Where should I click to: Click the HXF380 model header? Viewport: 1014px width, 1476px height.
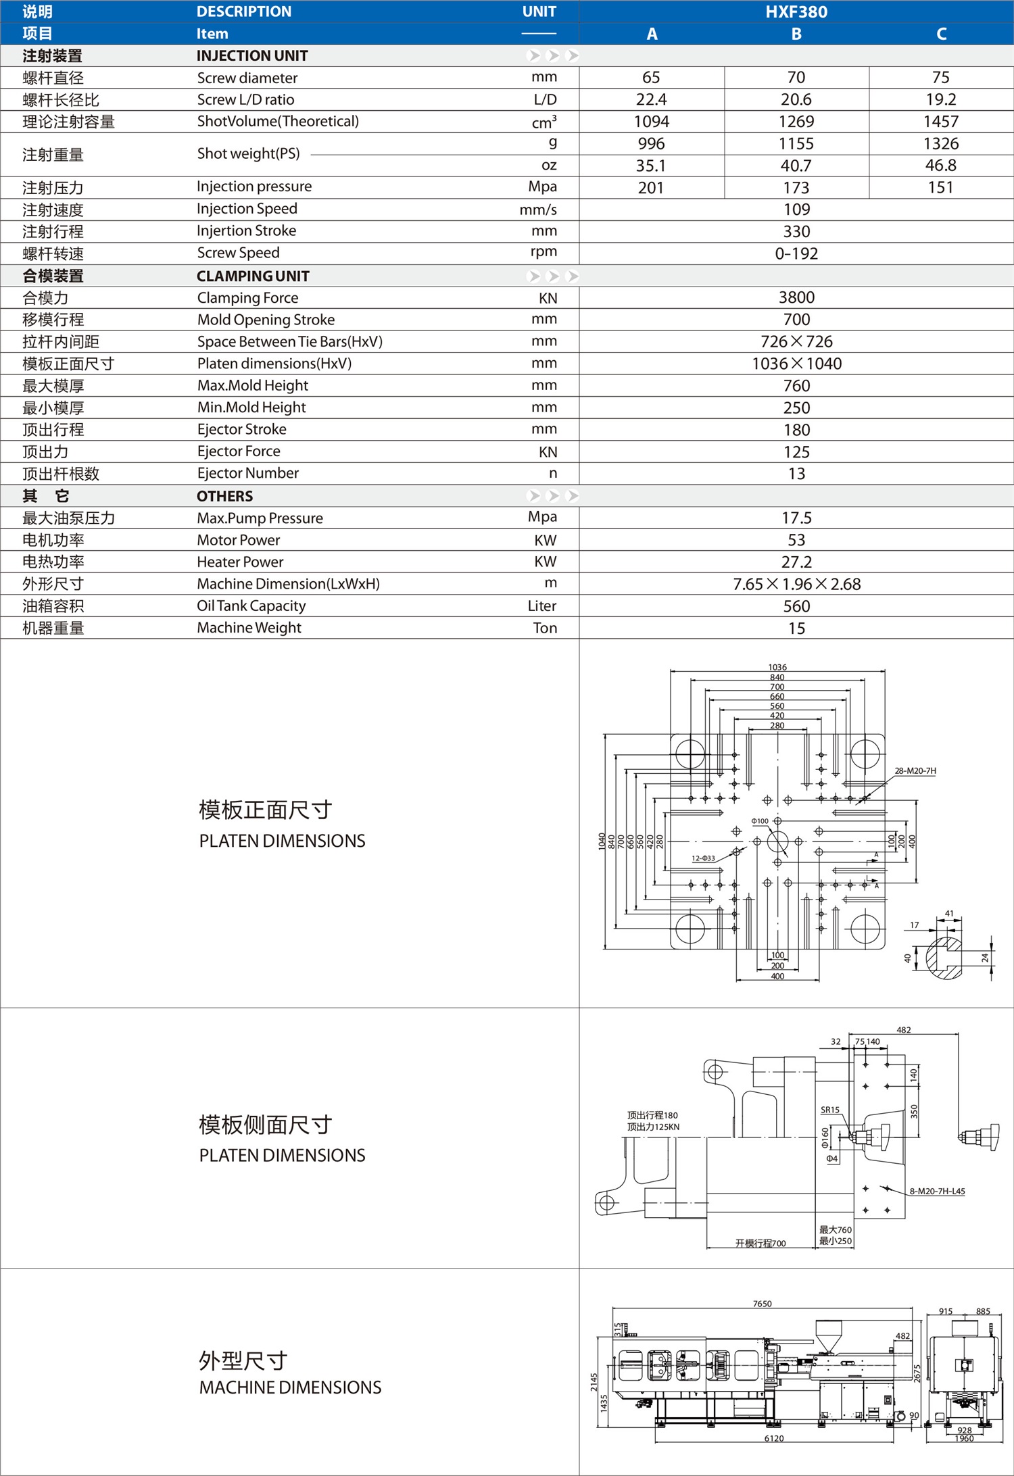pyautogui.click(x=796, y=11)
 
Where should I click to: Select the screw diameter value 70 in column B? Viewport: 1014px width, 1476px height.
pyautogui.click(x=796, y=78)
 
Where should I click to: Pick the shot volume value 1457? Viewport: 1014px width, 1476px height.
pyautogui.click(x=940, y=122)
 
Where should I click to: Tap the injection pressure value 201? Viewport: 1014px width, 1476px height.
pyautogui.click(x=651, y=188)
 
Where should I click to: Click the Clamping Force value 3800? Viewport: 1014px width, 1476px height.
pyautogui.click(x=796, y=298)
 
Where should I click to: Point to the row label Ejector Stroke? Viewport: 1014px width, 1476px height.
pyautogui.click(x=241, y=430)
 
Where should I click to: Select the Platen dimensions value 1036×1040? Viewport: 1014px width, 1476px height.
pyautogui.click(x=796, y=364)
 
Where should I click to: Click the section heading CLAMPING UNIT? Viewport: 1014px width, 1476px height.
pyautogui.click(x=253, y=276)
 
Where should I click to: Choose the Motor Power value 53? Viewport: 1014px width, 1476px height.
pyautogui.click(x=796, y=541)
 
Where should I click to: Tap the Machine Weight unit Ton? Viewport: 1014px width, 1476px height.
pyautogui.click(x=545, y=629)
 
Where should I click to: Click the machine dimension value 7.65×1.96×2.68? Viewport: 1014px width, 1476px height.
pyautogui.click(x=796, y=585)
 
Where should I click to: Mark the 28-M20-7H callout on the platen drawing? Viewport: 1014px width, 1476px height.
pyautogui.click(x=915, y=770)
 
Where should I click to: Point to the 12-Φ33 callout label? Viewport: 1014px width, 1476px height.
pyautogui.click(x=703, y=858)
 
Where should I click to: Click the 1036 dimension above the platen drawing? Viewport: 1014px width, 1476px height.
pyautogui.click(x=777, y=667)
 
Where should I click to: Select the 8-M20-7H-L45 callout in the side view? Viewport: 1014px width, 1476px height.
pyautogui.click(x=937, y=1191)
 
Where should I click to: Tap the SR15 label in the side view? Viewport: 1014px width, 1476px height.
pyautogui.click(x=829, y=1110)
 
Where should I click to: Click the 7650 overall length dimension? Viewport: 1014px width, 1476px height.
pyautogui.click(x=762, y=1304)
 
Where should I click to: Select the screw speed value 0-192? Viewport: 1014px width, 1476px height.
pyautogui.click(x=796, y=254)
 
